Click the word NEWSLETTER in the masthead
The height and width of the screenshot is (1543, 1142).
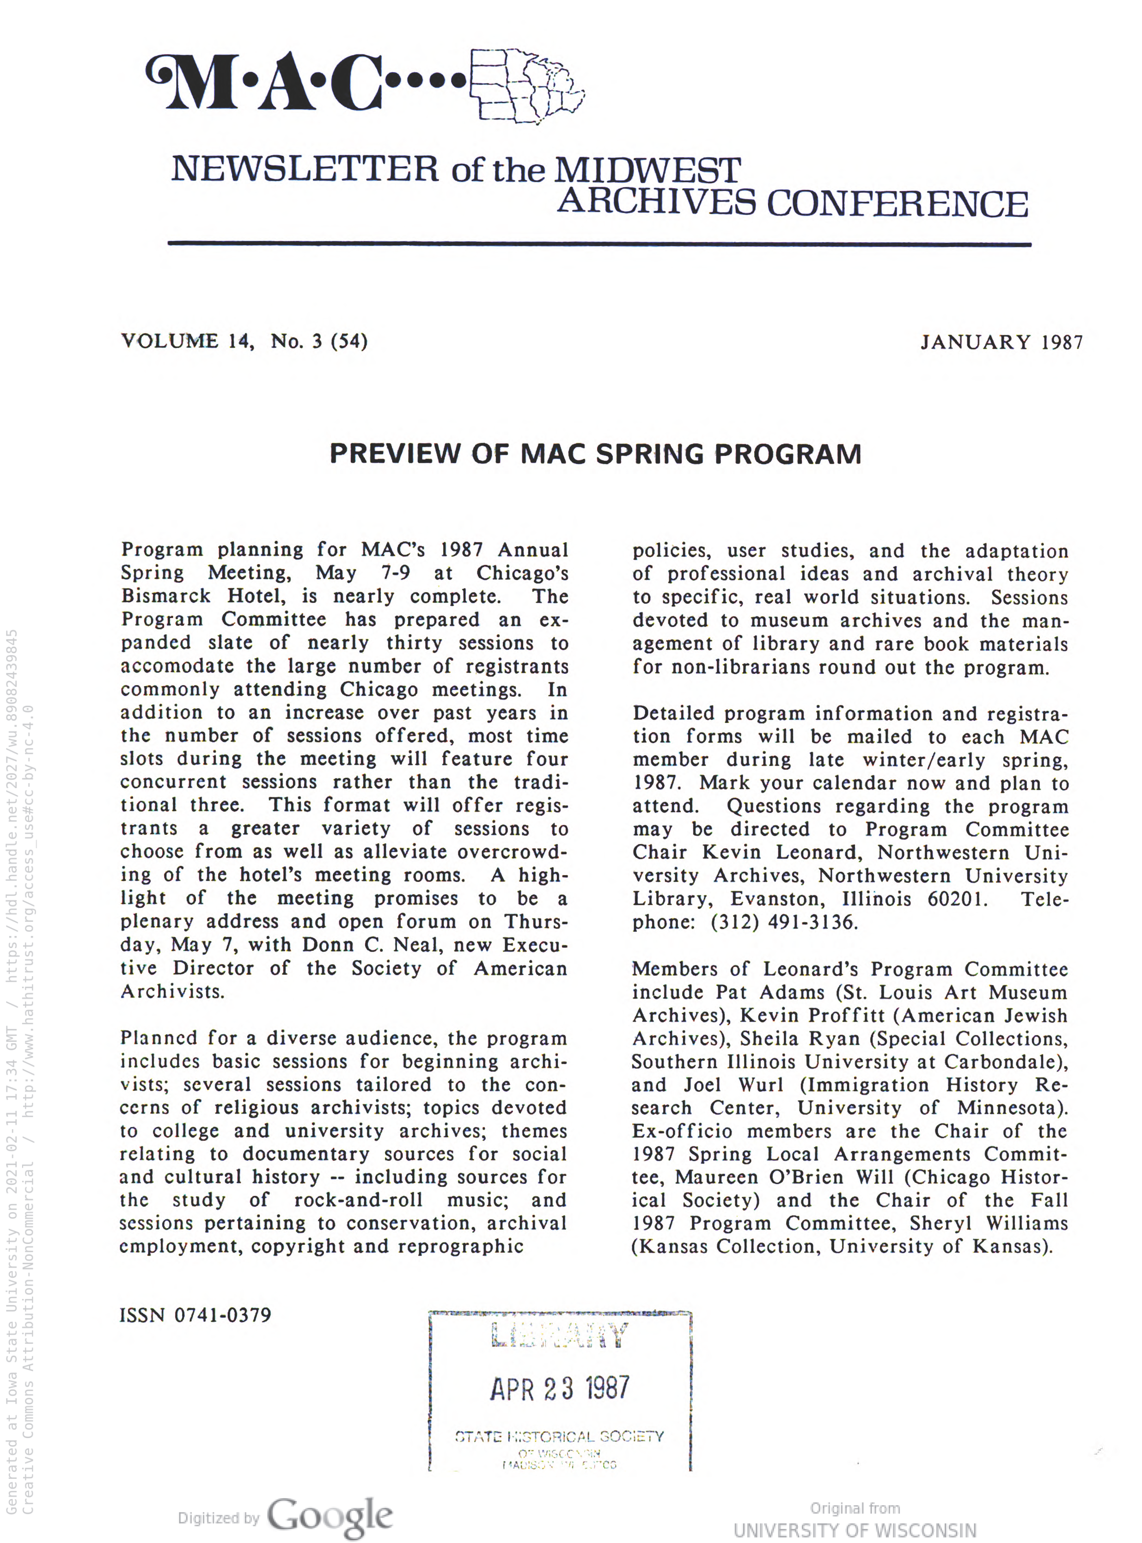tap(304, 169)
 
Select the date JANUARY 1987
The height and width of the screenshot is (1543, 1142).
tap(1001, 342)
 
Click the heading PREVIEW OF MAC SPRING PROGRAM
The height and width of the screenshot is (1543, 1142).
tap(595, 454)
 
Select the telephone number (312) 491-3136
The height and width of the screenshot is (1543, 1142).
tap(783, 922)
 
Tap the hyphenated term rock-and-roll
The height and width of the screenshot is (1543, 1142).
tap(358, 1200)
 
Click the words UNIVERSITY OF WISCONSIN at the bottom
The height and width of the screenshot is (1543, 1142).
tap(855, 1531)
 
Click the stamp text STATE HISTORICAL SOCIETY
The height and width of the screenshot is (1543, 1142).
tap(559, 1437)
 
